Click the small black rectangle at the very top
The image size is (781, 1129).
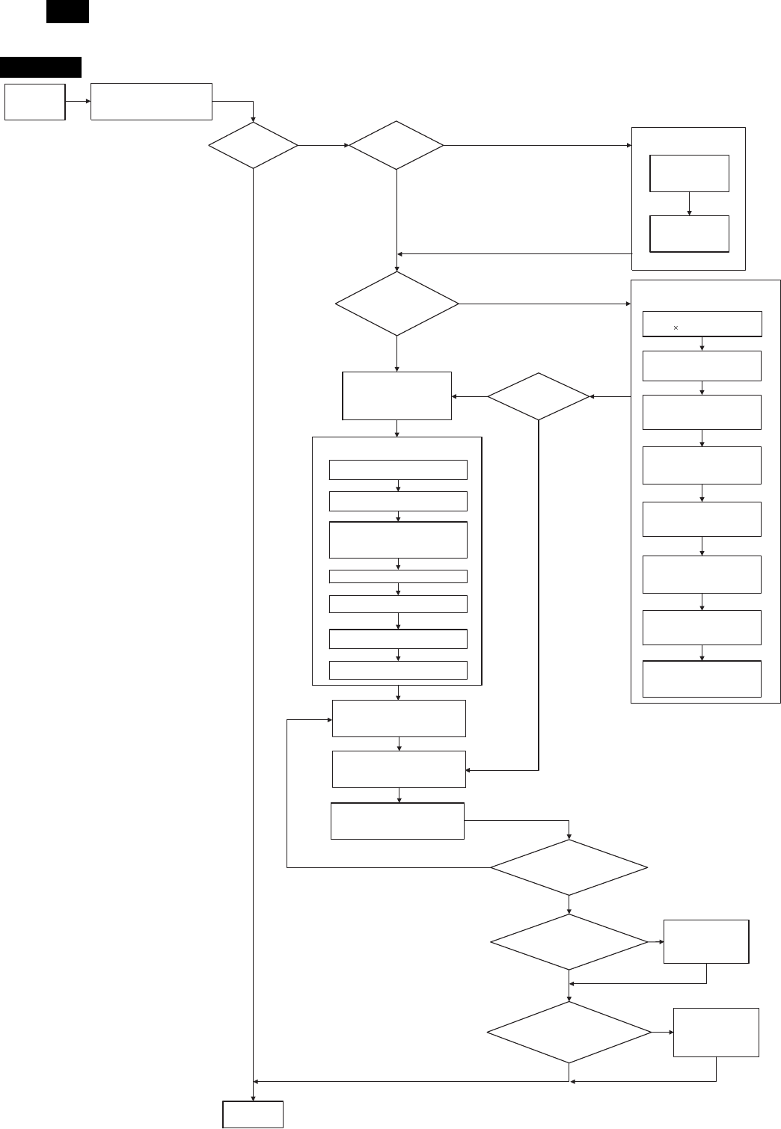click(67, 11)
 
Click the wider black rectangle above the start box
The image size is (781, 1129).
click(40, 67)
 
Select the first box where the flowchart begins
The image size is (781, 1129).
click(34, 102)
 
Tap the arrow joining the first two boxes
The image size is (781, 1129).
click(78, 102)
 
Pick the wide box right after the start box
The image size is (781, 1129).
click(151, 102)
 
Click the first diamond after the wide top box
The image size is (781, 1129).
click(253, 144)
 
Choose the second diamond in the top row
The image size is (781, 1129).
click(396, 144)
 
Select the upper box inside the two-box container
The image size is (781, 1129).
click(689, 173)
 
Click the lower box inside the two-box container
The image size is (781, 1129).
click(689, 234)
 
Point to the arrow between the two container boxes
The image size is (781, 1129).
click(689, 204)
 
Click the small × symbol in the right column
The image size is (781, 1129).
click(676, 327)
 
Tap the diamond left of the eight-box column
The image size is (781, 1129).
click(539, 396)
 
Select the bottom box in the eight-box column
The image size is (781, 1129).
click(702, 679)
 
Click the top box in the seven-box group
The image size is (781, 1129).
click(398, 470)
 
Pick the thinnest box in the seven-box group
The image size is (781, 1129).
click(398, 576)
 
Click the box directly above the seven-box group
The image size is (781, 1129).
click(396, 396)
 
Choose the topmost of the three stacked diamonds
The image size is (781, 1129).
click(569, 867)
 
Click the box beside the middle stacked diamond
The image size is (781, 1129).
click(706, 941)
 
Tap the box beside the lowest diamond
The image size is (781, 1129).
click(716, 1032)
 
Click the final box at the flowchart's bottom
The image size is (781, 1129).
click(253, 1114)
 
